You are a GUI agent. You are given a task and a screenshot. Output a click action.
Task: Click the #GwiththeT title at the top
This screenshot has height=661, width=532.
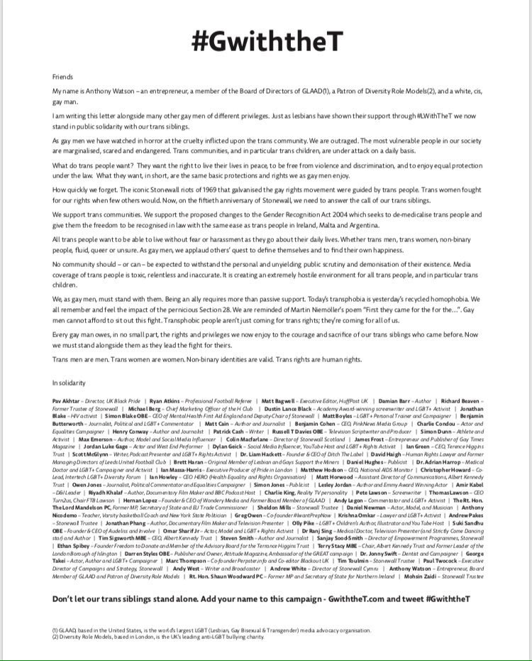point(266,42)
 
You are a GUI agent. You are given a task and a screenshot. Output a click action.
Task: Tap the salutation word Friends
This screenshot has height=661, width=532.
point(62,77)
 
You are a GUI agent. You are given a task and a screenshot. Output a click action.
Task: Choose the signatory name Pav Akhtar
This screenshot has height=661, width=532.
point(66,401)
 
